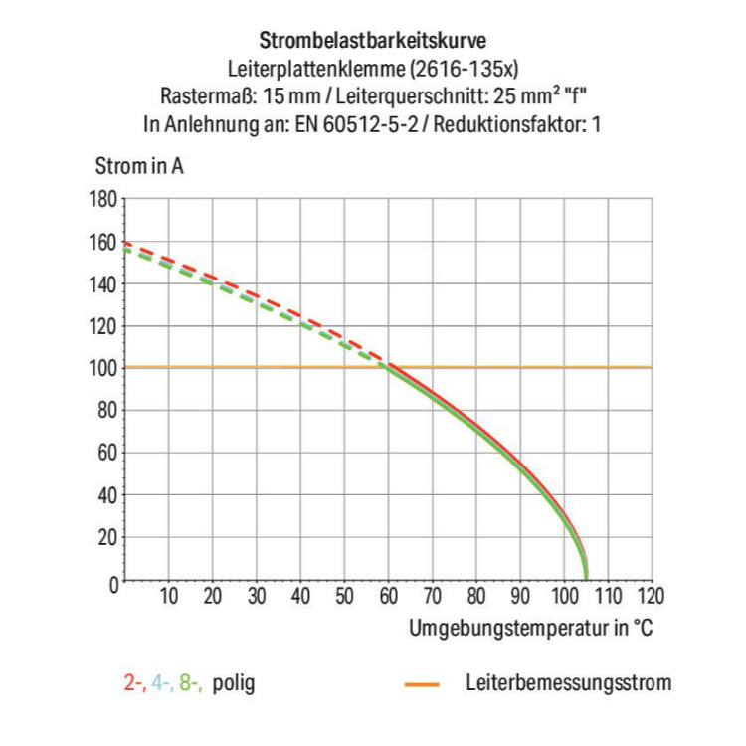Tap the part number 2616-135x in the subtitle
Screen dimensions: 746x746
[465, 69]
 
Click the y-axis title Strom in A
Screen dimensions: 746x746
[139, 166]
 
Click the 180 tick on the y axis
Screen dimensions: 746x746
[102, 199]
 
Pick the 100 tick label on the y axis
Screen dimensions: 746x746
[102, 368]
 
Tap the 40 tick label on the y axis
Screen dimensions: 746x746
[106, 495]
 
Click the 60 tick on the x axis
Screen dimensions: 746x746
[388, 598]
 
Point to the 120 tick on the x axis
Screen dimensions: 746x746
[650, 598]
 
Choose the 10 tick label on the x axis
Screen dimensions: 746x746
[168, 598]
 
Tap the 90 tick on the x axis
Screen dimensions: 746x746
[519, 598]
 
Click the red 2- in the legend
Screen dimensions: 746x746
[134, 683]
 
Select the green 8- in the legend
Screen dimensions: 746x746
[191, 683]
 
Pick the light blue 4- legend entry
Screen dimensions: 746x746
[162, 683]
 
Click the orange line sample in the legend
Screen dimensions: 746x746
[423, 684]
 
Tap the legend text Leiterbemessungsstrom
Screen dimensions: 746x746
[568, 683]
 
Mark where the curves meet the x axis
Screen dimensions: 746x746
[586, 579]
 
